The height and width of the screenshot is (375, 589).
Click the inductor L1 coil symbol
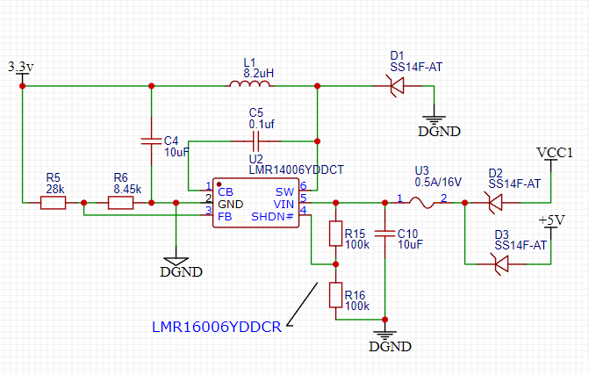tap(249, 84)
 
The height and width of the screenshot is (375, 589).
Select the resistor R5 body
tap(53, 203)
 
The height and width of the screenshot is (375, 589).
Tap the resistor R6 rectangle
tap(120, 203)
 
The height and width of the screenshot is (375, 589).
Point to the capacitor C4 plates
tap(151, 141)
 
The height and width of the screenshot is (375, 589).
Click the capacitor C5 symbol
tap(255, 141)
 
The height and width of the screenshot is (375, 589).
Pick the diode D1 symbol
tap(396, 86)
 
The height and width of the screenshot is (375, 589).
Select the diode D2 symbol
tap(495, 203)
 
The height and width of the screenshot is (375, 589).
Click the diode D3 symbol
tap(501, 263)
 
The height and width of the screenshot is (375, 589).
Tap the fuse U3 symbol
tap(421, 203)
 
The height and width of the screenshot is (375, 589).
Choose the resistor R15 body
tap(335, 234)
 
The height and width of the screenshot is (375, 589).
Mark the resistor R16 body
tap(335, 295)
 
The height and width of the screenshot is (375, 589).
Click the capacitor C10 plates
tap(384, 234)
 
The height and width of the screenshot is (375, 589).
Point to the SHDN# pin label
tap(272, 217)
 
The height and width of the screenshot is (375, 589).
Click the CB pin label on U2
tap(226, 192)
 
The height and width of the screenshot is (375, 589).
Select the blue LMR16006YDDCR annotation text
tap(217, 327)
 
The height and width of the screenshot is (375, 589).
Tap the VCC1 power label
tap(555, 153)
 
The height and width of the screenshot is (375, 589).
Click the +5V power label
tap(551, 220)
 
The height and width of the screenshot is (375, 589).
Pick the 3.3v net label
tap(21, 67)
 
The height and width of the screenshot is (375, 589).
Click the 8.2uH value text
tap(258, 73)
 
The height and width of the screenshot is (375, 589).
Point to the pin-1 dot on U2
tap(219, 184)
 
